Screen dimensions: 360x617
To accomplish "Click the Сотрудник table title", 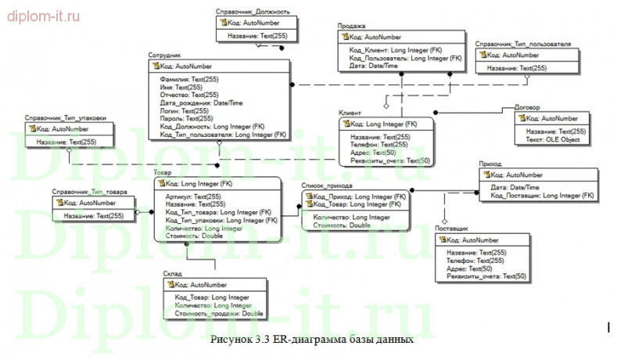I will (164, 56).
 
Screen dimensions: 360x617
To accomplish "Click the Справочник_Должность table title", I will (253, 12).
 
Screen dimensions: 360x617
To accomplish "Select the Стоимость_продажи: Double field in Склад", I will (218, 313).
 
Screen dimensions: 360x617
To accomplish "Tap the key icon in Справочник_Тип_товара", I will (57, 203).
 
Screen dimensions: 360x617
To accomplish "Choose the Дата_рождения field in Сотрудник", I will (201, 103).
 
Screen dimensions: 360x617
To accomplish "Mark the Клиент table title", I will (350, 113).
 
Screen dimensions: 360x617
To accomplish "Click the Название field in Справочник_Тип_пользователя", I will (516, 68).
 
